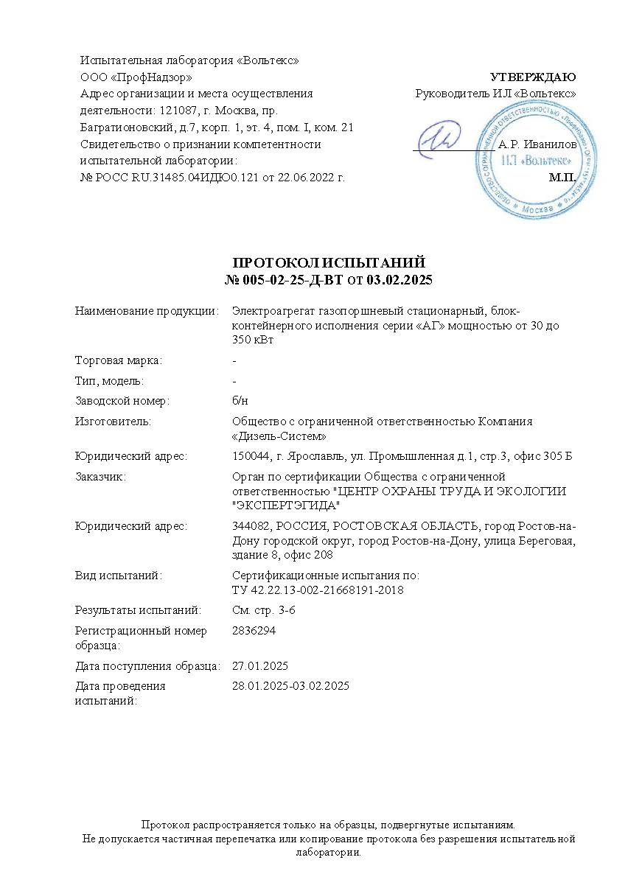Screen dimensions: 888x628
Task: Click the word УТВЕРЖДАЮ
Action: [532, 77]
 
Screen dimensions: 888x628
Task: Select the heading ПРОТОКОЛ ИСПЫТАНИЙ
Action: [329, 263]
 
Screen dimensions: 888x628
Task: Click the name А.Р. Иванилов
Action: [537, 145]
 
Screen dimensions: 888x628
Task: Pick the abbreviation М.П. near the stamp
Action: [562, 178]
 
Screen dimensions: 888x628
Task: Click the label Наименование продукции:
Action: [147, 311]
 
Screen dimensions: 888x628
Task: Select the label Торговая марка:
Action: [119, 360]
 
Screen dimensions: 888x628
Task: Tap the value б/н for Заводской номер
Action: [240, 401]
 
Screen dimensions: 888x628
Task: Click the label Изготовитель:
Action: [113, 422]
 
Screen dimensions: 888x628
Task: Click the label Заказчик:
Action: [100, 477]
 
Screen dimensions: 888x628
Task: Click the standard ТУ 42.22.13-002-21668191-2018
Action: [318, 590]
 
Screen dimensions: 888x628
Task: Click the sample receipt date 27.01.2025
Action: [259, 665]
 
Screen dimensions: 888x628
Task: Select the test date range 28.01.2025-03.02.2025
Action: [290, 686]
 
